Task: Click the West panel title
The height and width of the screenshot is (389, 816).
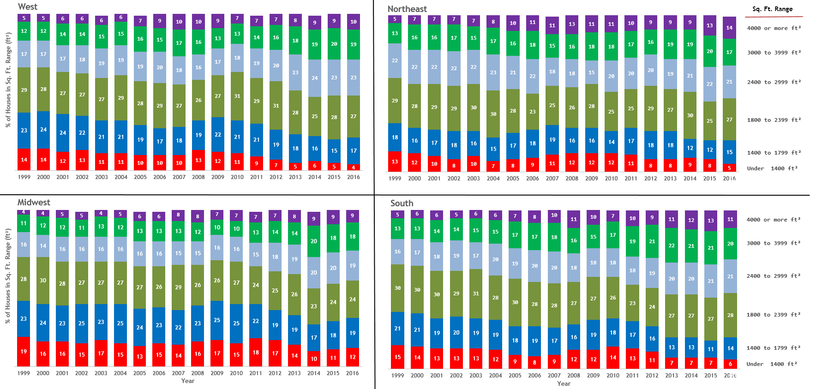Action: point(28,6)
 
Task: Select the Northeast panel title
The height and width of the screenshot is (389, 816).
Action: point(407,9)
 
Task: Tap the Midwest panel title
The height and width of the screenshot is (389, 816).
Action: point(34,202)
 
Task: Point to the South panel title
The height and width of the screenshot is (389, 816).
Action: point(402,203)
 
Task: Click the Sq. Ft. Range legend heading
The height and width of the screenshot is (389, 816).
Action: point(772,9)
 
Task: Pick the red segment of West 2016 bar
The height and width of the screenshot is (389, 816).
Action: point(354,168)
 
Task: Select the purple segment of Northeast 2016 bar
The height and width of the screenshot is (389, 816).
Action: point(729,28)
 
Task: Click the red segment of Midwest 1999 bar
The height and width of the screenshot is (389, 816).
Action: point(24,352)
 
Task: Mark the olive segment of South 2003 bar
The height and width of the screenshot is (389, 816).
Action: point(476,293)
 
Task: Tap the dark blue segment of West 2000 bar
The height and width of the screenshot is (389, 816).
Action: point(43,130)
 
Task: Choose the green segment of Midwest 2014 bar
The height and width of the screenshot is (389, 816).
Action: point(314,241)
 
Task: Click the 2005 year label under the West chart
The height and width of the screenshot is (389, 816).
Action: point(140,177)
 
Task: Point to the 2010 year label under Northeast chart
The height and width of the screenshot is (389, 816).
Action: point(611,179)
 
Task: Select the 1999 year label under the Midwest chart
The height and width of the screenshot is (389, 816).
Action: point(24,373)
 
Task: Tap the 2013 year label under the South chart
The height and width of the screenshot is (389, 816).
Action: point(672,376)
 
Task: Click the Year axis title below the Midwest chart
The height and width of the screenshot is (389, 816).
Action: point(188,381)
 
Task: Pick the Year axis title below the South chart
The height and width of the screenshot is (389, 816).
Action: point(564,383)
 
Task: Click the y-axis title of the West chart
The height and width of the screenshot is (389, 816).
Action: point(8,80)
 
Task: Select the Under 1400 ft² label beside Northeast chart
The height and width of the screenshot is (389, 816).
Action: point(772,168)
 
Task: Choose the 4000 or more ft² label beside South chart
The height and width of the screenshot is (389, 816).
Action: point(774,220)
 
